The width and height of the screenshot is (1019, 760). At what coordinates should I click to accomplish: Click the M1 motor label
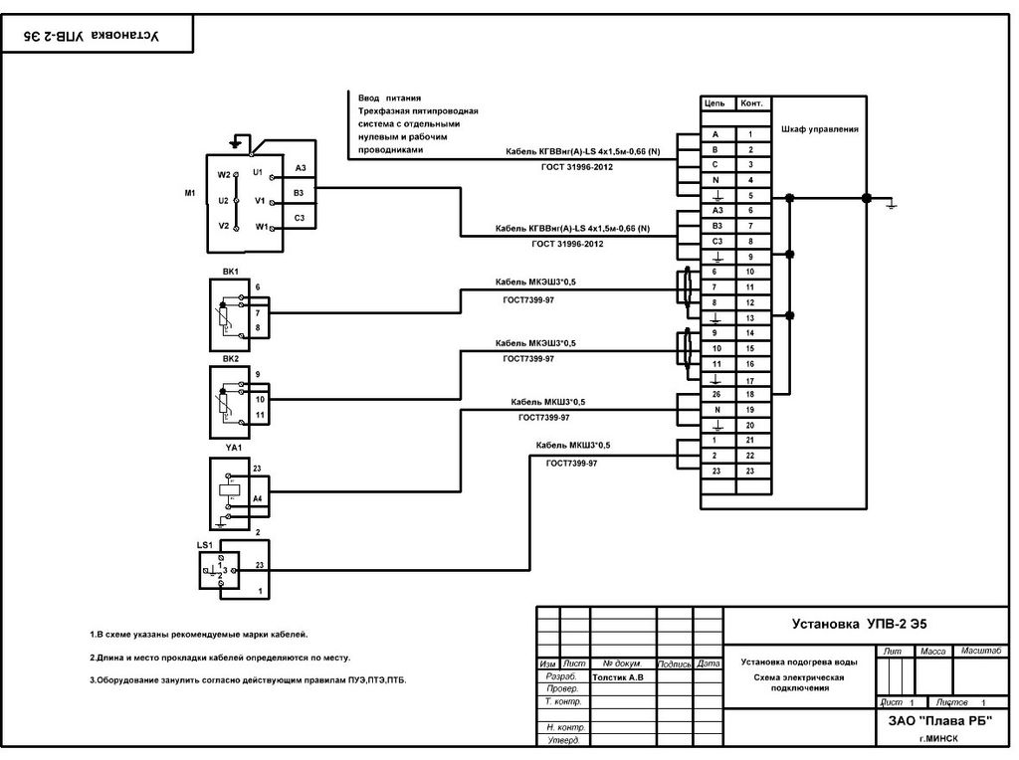[189, 193]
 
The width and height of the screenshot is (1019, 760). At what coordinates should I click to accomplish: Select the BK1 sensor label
[231, 271]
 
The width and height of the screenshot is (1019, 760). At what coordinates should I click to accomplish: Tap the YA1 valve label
[233, 448]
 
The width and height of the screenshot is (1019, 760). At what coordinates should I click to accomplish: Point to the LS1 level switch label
[206, 545]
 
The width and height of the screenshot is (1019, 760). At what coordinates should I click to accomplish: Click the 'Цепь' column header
[714, 103]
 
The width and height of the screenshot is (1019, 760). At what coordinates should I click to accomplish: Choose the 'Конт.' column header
[752, 103]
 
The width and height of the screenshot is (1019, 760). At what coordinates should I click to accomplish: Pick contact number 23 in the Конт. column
[750, 471]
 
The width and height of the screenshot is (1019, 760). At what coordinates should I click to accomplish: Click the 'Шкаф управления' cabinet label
[819, 129]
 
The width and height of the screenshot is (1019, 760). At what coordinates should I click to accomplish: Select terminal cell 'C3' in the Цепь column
[714, 242]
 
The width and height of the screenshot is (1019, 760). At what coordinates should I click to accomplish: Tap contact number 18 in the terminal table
[750, 394]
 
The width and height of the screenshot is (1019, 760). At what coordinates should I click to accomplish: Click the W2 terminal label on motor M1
[224, 174]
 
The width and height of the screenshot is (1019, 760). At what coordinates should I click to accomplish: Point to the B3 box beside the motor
[300, 193]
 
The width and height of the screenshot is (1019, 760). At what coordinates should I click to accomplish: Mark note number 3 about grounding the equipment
[248, 680]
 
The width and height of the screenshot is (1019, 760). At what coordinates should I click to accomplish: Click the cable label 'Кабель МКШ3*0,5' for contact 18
[547, 402]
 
